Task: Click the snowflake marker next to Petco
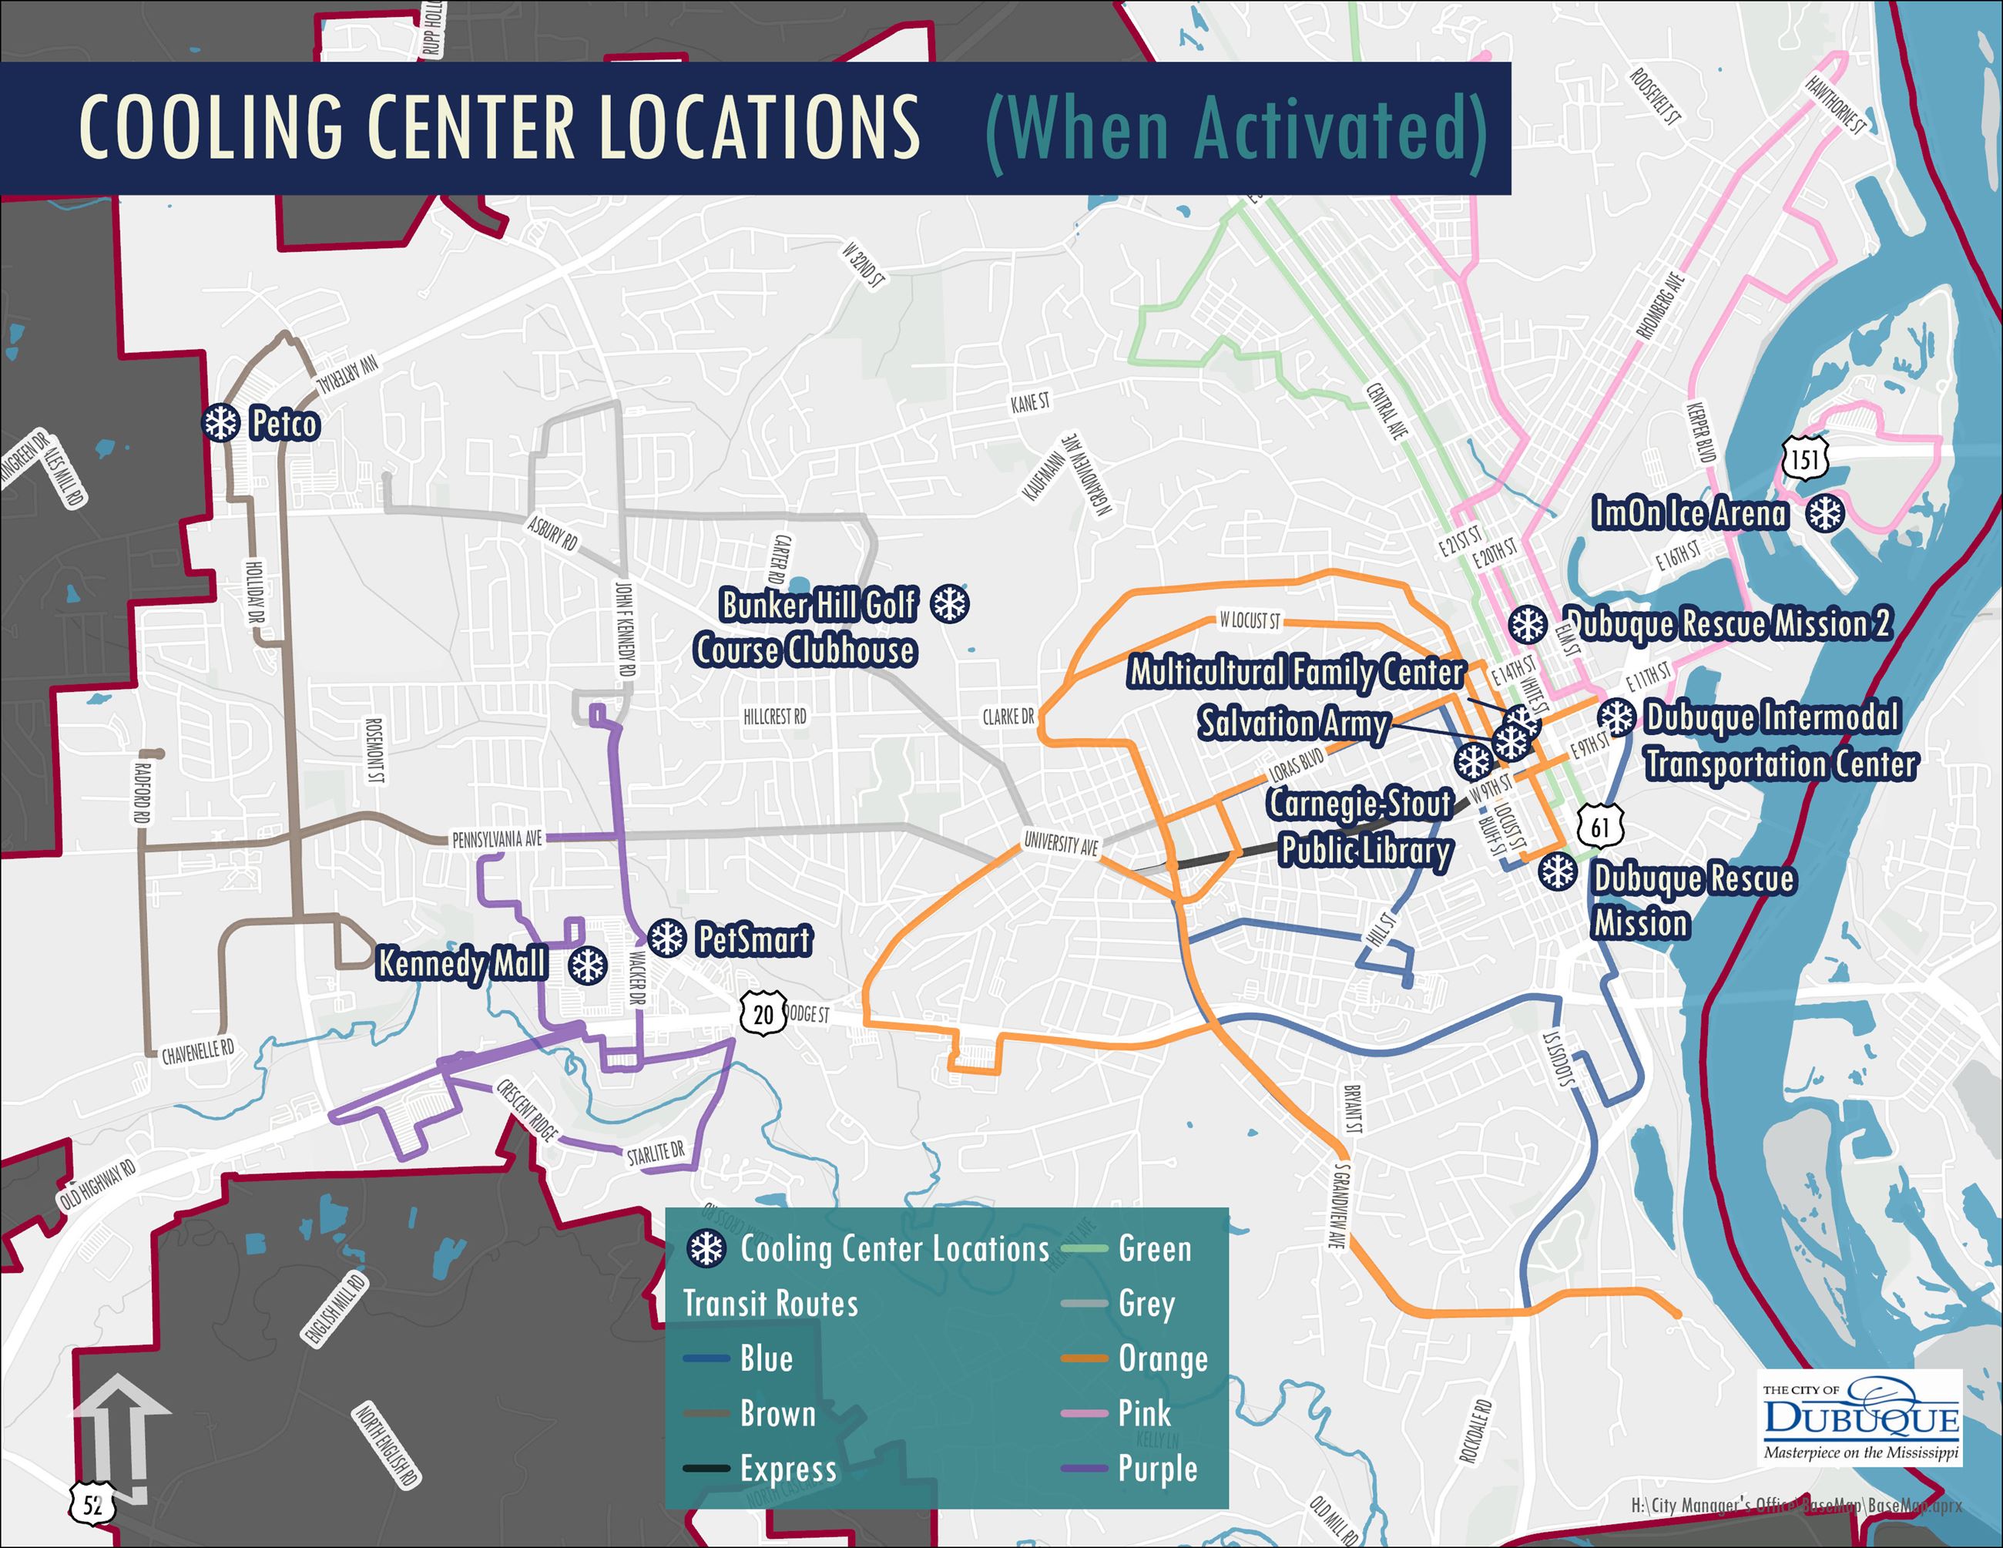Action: [x=220, y=423]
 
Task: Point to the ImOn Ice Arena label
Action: [x=1689, y=513]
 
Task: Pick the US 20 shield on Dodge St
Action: [x=763, y=1014]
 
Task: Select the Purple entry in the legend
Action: [x=1156, y=1468]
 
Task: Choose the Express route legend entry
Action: [x=788, y=1468]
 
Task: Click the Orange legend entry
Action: [x=1162, y=1358]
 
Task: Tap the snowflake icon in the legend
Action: [x=707, y=1249]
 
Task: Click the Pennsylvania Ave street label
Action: [x=496, y=838]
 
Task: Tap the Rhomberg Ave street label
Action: [x=1661, y=307]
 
